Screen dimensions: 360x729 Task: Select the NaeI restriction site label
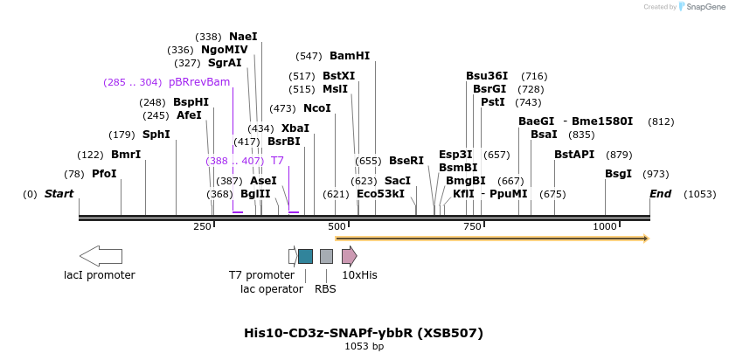pyautogui.click(x=243, y=37)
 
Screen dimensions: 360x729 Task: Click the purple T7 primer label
pyautogui.click(x=277, y=161)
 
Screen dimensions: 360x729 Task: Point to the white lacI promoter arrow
pyautogui.click(x=101, y=256)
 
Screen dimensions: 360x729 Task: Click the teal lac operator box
pyautogui.click(x=305, y=256)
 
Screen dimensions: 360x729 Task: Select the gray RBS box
pyautogui.click(x=326, y=256)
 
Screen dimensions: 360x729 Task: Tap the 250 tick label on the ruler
pyautogui.click(x=203, y=227)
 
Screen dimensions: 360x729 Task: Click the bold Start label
pyautogui.click(x=59, y=194)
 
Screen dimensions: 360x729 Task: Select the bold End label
pyautogui.click(x=660, y=194)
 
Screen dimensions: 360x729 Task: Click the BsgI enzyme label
pyautogui.click(x=618, y=174)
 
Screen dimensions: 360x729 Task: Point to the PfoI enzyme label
pyautogui.click(x=104, y=174)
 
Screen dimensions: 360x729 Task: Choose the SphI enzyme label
pyautogui.click(x=156, y=135)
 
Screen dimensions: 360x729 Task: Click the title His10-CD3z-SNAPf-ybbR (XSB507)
pyautogui.click(x=364, y=333)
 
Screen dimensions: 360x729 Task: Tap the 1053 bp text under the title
pyautogui.click(x=364, y=347)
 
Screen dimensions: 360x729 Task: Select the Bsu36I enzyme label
pyautogui.click(x=487, y=76)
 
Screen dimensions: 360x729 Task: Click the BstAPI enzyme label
pyautogui.click(x=574, y=155)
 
